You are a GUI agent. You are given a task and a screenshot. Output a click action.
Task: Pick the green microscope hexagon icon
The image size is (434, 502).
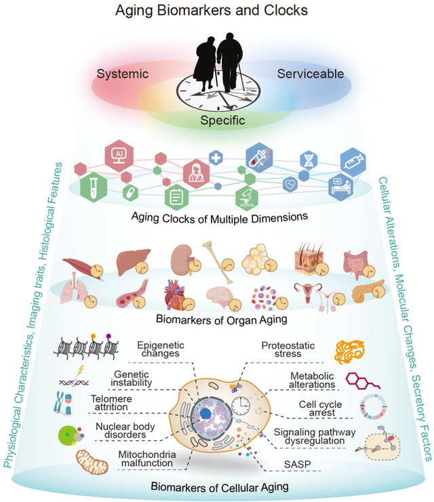(x=245, y=197)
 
